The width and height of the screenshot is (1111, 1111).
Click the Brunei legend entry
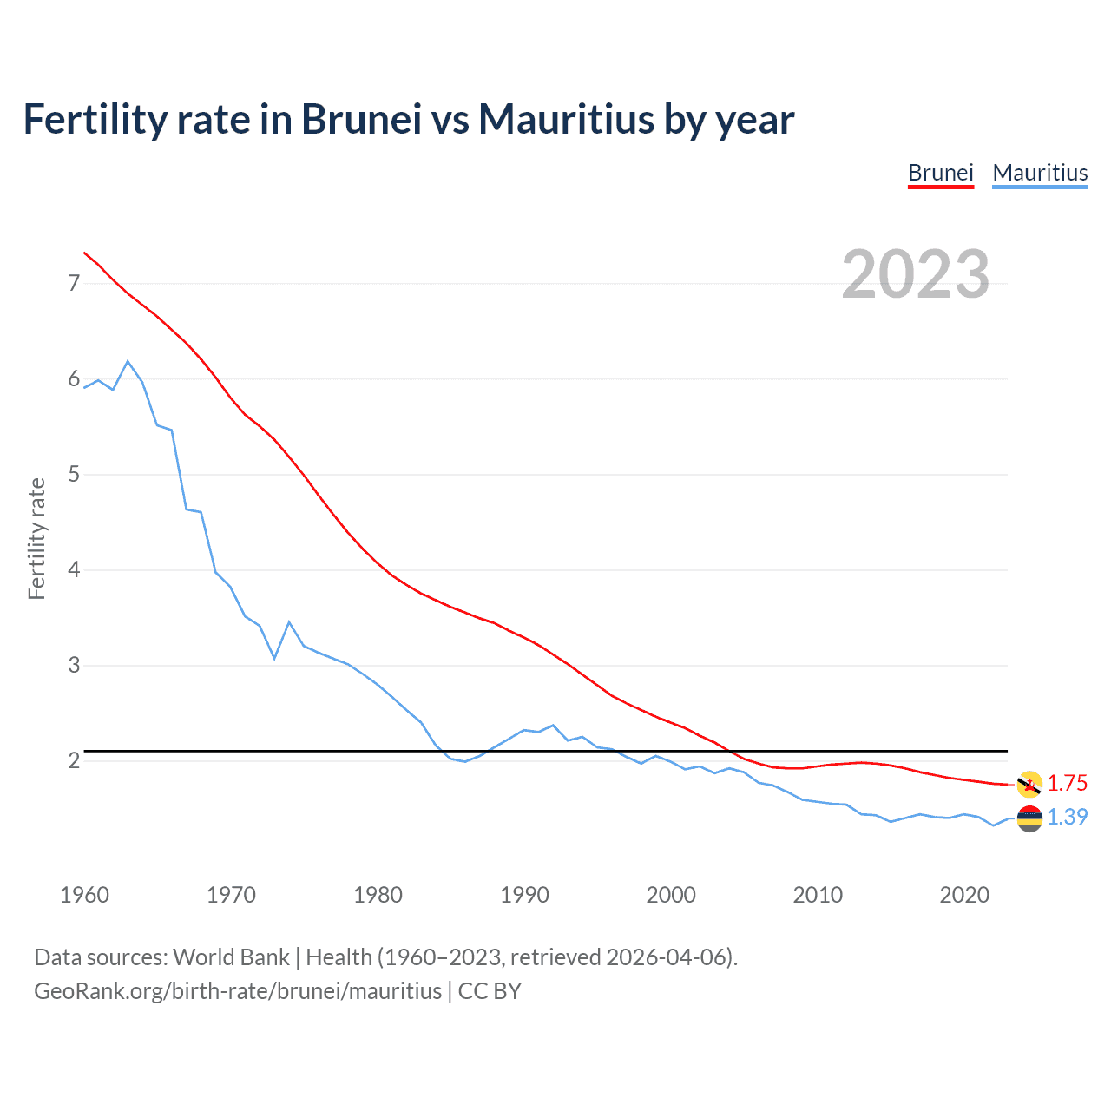click(940, 173)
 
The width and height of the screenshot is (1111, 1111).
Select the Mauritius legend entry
click(1040, 173)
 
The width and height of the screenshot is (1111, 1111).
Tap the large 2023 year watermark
click(916, 274)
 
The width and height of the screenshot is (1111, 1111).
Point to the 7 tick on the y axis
click(74, 283)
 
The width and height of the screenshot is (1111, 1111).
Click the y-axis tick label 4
click(74, 569)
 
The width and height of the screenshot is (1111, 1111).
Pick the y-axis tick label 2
click(74, 760)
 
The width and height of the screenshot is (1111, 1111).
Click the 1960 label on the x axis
click(84, 895)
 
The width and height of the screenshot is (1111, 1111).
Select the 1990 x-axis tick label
click(524, 895)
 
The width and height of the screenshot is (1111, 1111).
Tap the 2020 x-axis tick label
click(964, 895)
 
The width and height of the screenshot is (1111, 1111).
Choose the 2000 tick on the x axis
click(671, 895)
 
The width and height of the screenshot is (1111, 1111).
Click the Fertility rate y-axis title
click(36, 538)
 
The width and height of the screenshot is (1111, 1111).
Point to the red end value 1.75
click(1067, 783)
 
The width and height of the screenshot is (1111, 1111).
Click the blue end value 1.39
click(1067, 817)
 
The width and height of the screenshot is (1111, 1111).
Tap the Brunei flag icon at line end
click(1029, 784)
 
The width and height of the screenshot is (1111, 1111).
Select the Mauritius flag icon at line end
click(1029, 818)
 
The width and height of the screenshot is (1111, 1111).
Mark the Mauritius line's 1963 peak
click(128, 361)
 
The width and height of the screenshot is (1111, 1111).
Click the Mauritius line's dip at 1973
click(274, 658)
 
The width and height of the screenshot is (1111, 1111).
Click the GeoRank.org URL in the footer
click(238, 991)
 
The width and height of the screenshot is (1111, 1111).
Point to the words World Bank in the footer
click(231, 957)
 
